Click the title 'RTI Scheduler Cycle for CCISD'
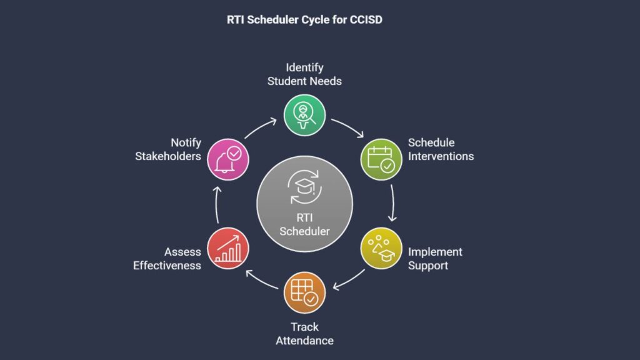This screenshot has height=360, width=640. pos(304,19)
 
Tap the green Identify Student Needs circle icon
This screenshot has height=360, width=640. pos(304,115)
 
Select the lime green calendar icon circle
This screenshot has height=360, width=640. pos(381,159)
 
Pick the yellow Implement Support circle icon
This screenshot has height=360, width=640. pos(381,248)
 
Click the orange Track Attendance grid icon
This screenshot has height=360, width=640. pos(304,292)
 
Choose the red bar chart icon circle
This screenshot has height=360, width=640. pos(227,248)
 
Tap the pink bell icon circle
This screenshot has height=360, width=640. pos(227,159)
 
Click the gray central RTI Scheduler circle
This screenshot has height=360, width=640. pos(304,204)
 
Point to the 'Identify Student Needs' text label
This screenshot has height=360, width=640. pos(304,74)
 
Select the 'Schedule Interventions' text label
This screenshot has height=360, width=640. pos(441,149)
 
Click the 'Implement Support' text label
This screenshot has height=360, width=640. pos(435,258)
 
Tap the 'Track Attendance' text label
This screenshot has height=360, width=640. pos(304,334)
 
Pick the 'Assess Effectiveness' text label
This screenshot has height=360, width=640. pos(167,258)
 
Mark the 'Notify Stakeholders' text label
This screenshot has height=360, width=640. pos(168,149)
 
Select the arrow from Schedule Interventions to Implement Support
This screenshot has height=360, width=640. pos(393,203)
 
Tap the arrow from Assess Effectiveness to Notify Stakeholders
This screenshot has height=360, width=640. pos(216,204)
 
